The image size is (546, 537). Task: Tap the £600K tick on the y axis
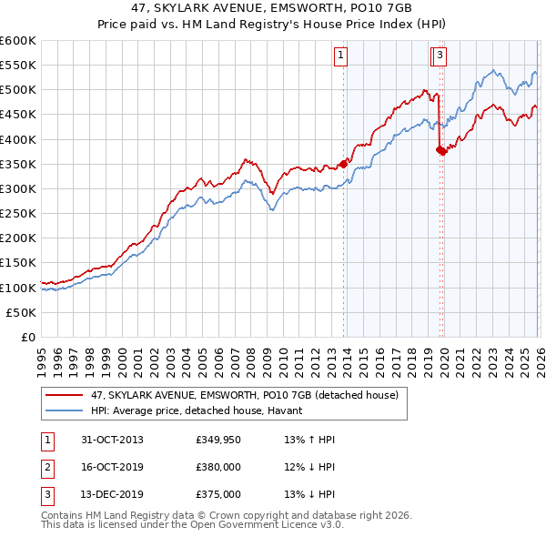(x=18, y=41)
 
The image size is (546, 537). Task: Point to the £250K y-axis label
(x=18, y=213)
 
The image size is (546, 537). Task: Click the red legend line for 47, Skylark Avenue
(x=64, y=395)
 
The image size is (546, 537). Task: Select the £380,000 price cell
(x=218, y=467)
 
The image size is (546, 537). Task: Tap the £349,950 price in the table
(x=218, y=440)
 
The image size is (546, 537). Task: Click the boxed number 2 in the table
(x=45, y=467)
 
